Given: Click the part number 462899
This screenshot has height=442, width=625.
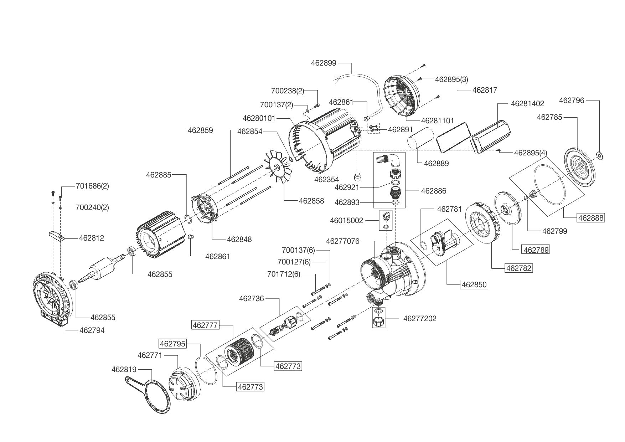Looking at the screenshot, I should tap(323, 63).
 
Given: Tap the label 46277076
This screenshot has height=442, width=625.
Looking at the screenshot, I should tap(342, 241).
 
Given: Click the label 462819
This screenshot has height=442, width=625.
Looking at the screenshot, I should tap(124, 369).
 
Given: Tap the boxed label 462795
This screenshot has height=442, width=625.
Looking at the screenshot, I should tap(173, 344).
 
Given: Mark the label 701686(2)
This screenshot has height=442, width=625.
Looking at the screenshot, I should tap(92, 186).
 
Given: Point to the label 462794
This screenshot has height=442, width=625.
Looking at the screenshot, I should tap(92, 330).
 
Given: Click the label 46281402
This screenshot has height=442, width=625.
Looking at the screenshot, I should tap(527, 104).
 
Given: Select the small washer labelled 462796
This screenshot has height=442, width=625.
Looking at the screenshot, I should tap(599, 155).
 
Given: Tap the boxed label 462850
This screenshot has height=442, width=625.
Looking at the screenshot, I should tap(474, 285).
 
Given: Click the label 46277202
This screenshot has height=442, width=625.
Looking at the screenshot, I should tap(419, 318).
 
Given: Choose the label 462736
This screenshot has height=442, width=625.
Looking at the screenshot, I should tap(251, 299).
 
